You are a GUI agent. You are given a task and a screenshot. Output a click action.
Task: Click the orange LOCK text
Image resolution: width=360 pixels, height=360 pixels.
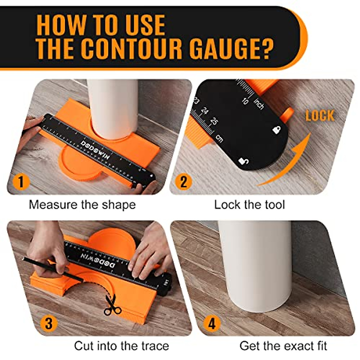(x=320, y=116)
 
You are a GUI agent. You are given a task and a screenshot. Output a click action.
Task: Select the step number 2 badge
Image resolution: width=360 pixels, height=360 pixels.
(x=184, y=182)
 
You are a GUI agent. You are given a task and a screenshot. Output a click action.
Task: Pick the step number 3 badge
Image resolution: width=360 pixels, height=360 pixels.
(x=49, y=323)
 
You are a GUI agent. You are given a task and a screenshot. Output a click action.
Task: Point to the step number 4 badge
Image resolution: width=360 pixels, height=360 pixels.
(x=212, y=323)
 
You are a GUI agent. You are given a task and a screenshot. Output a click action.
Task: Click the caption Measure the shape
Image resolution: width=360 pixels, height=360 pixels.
(x=82, y=205)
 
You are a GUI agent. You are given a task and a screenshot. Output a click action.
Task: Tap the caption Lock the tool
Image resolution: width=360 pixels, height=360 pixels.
(x=249, y=205)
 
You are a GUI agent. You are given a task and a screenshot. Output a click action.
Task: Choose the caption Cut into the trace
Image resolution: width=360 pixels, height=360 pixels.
(x=121, y=346)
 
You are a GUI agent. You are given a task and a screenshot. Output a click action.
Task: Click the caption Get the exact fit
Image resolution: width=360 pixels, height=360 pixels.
(x=283, y=346)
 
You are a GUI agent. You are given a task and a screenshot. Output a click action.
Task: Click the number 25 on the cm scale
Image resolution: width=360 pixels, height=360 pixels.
(x=214, y=121)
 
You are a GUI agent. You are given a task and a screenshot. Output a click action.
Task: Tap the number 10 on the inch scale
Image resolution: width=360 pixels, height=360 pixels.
(x=245, y=101)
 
